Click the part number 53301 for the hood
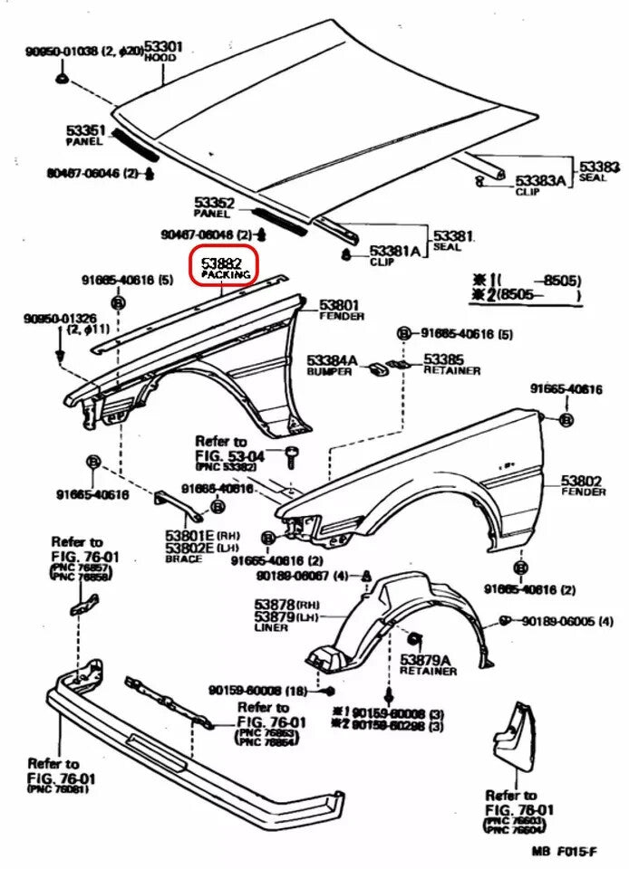164,46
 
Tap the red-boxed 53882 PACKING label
224,266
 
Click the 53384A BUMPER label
331,364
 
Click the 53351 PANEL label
86,136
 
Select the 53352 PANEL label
214,207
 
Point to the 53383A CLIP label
540,186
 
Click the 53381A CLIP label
394,255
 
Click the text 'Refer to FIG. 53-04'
227,449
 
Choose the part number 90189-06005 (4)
567,621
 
